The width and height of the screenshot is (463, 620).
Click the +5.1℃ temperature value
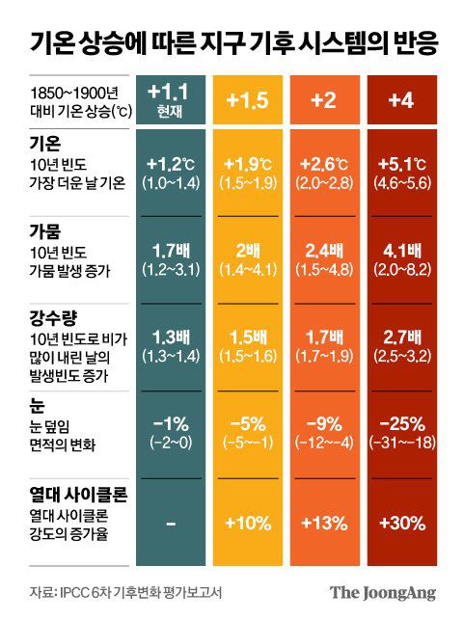click(x=400, y=163)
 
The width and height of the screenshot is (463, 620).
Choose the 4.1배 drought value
click(x=400, y=252)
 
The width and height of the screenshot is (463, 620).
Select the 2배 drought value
click(x=247, y=252)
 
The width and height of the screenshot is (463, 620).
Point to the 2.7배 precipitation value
click(x=400, y=338)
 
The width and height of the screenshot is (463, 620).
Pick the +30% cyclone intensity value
click(x=400, y=522)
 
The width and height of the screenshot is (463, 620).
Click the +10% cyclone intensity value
click(x=247, y=522)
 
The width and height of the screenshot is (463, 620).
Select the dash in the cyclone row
click(x=170, y=522)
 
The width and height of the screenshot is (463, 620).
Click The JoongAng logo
click(x=383, y=591)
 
